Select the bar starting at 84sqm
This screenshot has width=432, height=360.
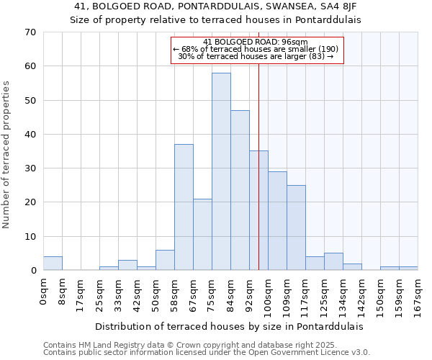(x=240, y=190)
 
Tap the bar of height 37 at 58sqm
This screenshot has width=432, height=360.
(x=184, y=207)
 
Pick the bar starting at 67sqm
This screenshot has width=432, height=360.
(x=202, y=235)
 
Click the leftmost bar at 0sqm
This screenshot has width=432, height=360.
(x=53, y=264)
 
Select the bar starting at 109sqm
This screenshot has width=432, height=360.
(x=296, y=228)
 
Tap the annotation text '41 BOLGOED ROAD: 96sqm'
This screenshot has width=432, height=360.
(x=256, y=42)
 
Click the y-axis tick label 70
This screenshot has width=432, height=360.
(x=30, y=32)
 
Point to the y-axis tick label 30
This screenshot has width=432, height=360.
(x=30, y=168)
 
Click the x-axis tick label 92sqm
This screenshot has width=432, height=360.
(x=249, y=295)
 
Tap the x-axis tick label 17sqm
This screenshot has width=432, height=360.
(x=81, y=295)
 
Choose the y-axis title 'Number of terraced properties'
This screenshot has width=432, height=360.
(x=7, y=155)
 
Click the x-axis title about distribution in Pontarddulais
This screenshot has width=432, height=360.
(x=229, y=326)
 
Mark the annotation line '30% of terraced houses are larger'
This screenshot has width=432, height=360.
(x=256, y=56)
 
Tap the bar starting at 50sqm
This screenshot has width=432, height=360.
(x=165, y=260)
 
